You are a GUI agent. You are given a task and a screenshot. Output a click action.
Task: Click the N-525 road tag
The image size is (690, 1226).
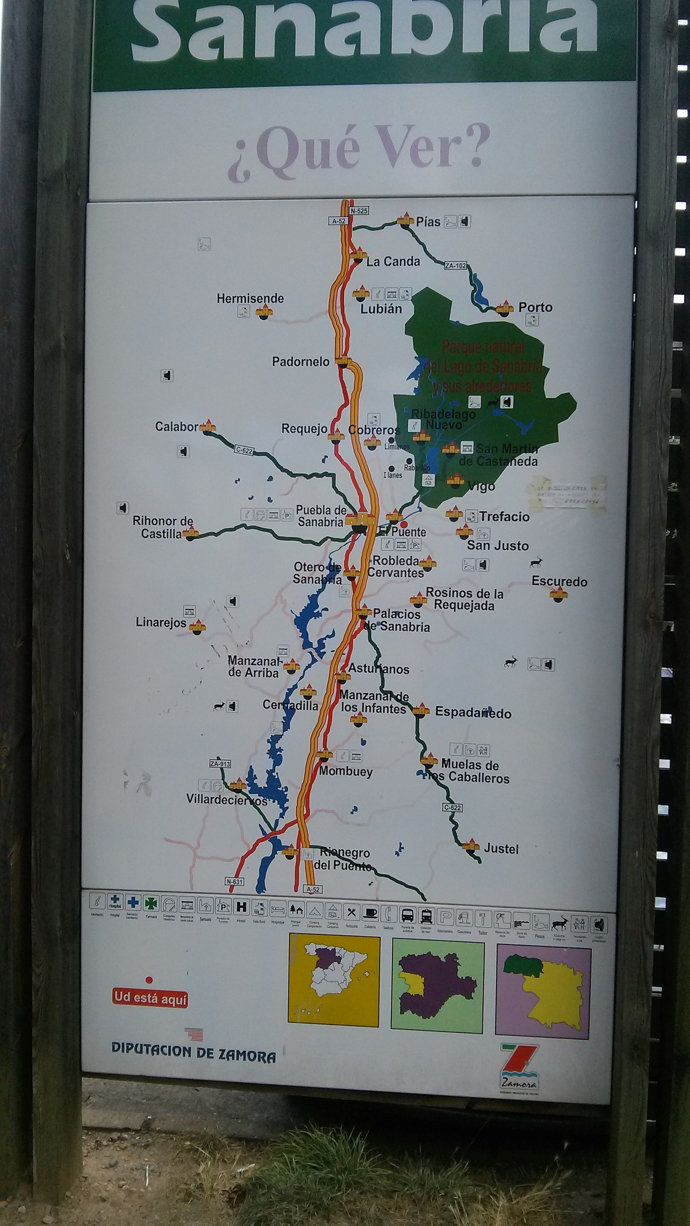[359, 211]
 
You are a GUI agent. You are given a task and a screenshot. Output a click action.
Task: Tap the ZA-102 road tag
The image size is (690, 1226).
[455, 266]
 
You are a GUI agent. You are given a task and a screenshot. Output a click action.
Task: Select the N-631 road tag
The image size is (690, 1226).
[234, 882]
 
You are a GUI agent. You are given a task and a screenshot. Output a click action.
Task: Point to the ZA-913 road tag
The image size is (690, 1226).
[220, 764]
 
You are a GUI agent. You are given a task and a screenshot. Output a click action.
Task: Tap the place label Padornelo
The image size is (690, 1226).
[301, 362]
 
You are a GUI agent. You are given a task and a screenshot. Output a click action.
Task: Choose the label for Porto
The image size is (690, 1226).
[535, 307]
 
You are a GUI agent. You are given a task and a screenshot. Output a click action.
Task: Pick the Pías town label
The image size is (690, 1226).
[428, 222]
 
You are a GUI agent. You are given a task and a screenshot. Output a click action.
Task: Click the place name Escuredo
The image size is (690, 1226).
[559, 582]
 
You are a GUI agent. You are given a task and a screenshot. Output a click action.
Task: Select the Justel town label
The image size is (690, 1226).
[501, 849]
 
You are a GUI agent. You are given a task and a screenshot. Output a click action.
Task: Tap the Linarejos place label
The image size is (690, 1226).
[161, 622]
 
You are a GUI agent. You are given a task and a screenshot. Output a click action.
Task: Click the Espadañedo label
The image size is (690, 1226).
[473, 712]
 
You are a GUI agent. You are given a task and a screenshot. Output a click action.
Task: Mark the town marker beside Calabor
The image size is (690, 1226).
[208, 427]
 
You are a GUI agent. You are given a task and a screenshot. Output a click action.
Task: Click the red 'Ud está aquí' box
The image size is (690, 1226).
[150, 998]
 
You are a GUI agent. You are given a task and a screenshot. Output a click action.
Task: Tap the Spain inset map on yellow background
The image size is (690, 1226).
[334, 980]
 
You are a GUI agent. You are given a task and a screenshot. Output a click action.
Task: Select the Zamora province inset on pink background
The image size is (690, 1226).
[543, 990]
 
